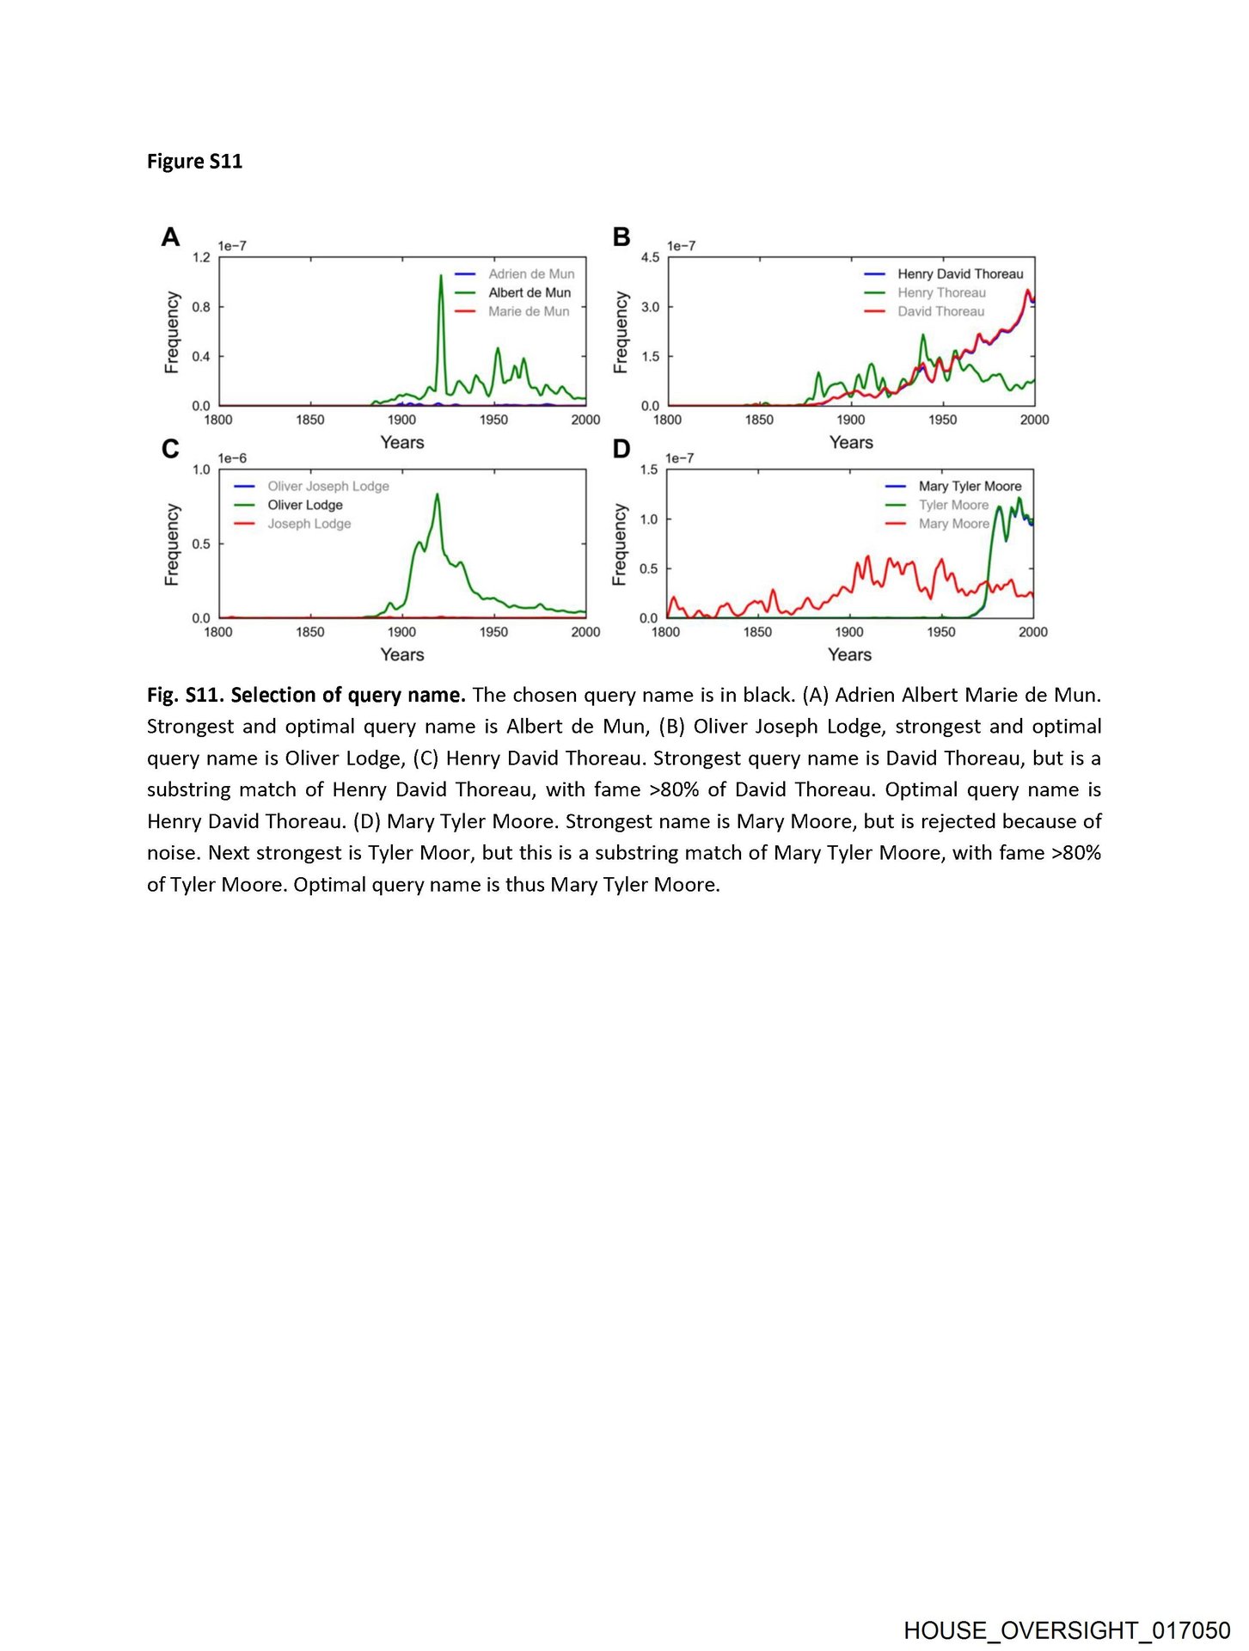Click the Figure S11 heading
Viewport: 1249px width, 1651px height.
pos(194,162)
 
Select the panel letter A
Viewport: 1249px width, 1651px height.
pos(170,236)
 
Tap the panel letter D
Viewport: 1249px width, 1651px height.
pos(621,449)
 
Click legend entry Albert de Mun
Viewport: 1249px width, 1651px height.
pos(530,292)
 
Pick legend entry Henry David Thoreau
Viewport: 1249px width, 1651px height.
pos(960,273)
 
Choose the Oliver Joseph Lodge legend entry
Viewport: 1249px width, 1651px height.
pos(328,486)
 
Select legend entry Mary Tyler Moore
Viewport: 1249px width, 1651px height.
pos(970,486)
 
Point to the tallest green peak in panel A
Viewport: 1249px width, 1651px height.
pos(441,276)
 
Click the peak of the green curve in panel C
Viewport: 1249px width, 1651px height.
pos(437,494)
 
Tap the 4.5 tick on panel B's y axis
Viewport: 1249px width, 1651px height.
pos(651,257)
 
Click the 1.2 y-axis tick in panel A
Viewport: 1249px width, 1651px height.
pos(201,257)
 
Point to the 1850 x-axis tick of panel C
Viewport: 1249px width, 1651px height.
pos(310,632)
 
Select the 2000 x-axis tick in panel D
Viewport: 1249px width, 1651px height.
pos(1032,632)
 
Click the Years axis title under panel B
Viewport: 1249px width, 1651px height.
pos(851,442)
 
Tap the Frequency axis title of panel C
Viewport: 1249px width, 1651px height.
pos(172,544)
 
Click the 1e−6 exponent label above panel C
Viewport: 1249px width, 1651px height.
pos(232,458)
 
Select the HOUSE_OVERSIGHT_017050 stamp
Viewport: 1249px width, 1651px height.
pos(1067,1630)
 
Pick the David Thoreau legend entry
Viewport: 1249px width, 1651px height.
pos(940,311)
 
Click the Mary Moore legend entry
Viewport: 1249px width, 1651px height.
pos(953,524)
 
